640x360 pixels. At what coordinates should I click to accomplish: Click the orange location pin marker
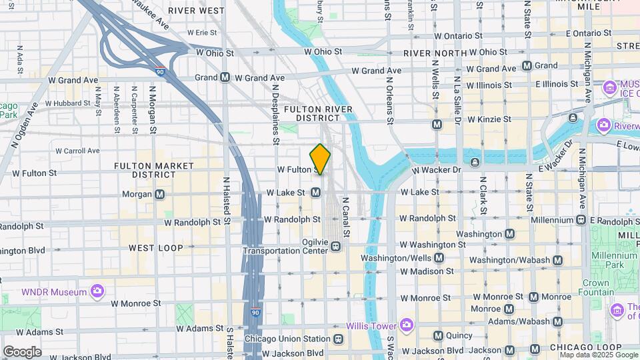pos(320,159)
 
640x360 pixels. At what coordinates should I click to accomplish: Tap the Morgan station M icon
pos(159,195)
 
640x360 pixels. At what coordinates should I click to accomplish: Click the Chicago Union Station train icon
pos(339,339)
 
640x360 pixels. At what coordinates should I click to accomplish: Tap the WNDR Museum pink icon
pos(97,291)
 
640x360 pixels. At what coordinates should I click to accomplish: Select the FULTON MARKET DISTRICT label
pos(154,170)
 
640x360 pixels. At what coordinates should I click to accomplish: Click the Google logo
pos(22,351)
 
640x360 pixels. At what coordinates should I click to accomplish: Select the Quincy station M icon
pos(439,335)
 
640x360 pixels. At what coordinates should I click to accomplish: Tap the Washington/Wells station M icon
pos(439,258)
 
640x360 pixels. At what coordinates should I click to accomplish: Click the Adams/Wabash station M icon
pos(557,322)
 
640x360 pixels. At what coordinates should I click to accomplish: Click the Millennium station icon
pos(581,220)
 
